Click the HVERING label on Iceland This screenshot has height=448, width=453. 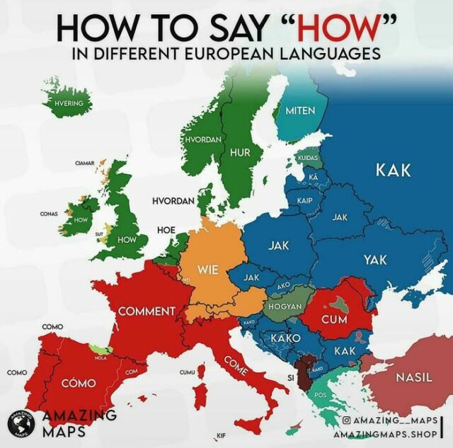click(69, 104)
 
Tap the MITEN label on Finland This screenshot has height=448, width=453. click(300, 110)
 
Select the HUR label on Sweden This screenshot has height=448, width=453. click(241, 152)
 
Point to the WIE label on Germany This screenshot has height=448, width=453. click(207, 269)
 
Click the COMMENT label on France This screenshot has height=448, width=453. click(147, 311)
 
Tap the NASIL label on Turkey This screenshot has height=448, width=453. click(414, 377)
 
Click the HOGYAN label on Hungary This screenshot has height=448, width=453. click(285, 306)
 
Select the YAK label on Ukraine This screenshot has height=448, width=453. click(375, 260)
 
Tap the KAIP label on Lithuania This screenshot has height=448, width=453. click(305, 200)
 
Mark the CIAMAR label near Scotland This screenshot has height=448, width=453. click(85, 163)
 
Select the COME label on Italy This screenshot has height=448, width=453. click(235, 363)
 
